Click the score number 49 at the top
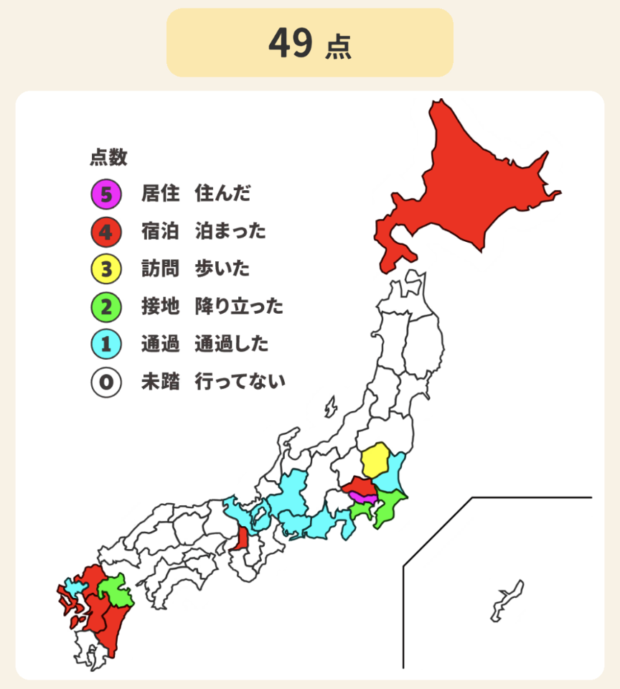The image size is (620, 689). click(x=291, y=44)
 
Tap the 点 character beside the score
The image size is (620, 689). click(x=337, y=47)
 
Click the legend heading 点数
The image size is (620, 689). click(x=108, y=157)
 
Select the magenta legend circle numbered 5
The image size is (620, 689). click(x=105, y=194)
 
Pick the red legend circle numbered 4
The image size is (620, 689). click(x=105, y=232)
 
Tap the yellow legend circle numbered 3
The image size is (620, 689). click(x=105, y=270)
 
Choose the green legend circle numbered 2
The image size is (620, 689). click(x=105, y=307)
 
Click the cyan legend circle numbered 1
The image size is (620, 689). click(x=105, y=345)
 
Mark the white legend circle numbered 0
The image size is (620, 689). click(x=105, y=383)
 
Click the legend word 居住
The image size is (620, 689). click(x=160, y=194)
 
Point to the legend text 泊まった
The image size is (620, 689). click(x=230, y=232)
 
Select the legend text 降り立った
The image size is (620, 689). click(x=239, y=307)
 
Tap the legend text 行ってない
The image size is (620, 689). click(x=240, y=383)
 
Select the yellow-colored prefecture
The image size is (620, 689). click(x=374, y=461)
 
